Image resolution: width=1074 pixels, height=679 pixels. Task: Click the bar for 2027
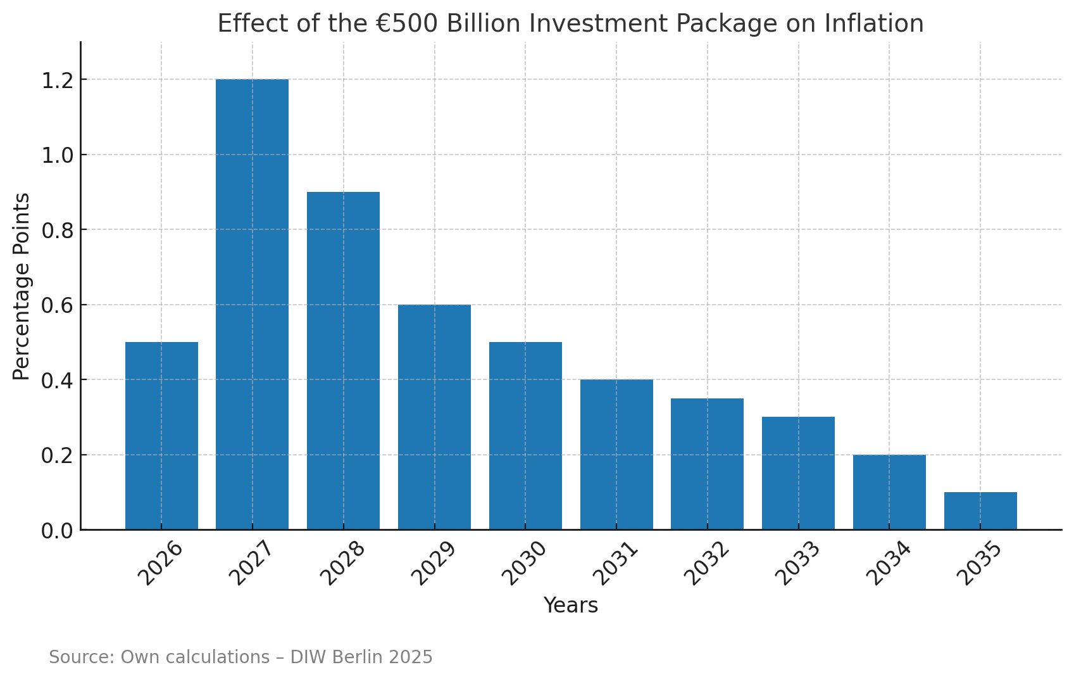pos(252,304)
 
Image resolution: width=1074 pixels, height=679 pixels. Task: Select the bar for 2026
pos(161,436)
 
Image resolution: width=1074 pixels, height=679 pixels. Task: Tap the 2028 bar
pos(343,360)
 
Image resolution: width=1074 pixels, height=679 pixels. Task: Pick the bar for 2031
pos(616,454)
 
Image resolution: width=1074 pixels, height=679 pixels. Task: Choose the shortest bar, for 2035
pos(980,511)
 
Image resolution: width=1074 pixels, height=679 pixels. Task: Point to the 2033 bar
pos(798,473)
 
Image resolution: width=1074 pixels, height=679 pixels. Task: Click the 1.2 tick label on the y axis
pos(57,80)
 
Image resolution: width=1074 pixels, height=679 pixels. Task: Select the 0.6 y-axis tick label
pos(57,305)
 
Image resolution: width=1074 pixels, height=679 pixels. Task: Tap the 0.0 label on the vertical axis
pos(57,531)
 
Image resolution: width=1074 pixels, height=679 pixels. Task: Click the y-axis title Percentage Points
pos(22,286)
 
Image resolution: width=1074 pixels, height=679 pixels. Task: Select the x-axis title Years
pos(570,606)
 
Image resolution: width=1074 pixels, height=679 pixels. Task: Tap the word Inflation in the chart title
pos(873,24)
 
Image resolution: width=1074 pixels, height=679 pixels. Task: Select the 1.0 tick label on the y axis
pos(57,155)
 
